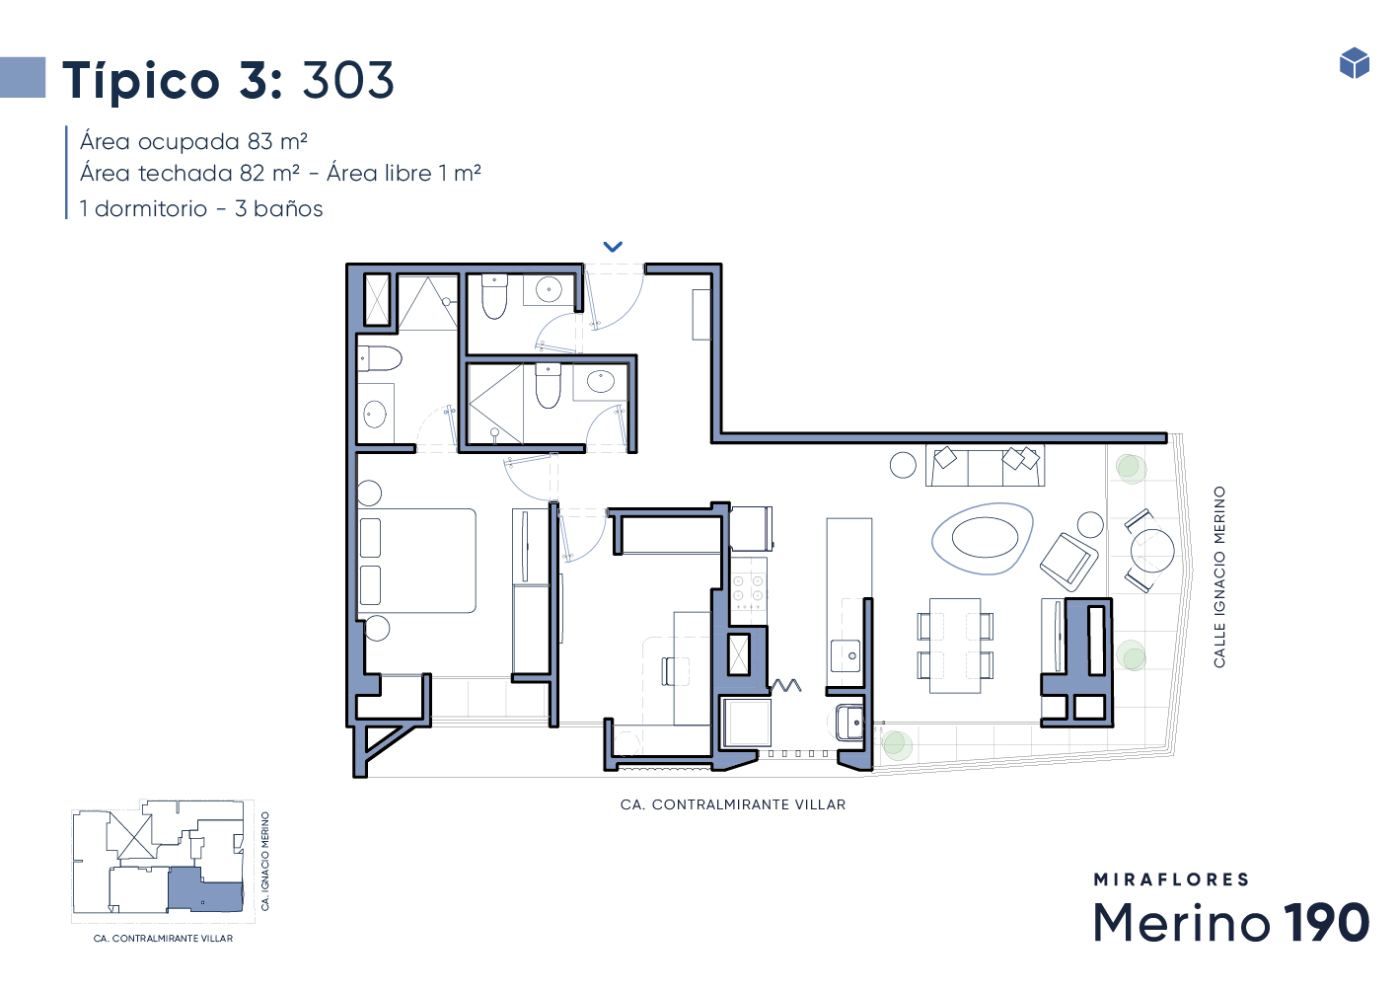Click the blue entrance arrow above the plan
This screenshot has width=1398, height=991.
tap(613, 247)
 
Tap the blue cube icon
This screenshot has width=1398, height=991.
tap(1355, 63)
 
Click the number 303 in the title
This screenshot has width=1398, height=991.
tap(348, 81)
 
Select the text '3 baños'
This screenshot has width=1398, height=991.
tap(279, 208)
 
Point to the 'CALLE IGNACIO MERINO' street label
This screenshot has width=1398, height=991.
tap(1218, 576)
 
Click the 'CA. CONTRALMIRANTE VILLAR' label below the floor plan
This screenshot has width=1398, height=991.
tap(733, 804)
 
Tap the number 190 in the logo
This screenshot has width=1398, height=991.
tap(1326, 922)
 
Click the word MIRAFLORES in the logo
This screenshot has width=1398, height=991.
tap(1171, 879)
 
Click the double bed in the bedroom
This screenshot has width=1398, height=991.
tap(416, 560)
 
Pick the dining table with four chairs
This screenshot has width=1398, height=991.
tap(955, 646)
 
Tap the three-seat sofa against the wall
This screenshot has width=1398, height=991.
tap(985, 465)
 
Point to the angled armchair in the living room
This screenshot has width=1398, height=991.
tap(1069, 562)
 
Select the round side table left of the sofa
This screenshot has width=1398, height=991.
tap(903, 465)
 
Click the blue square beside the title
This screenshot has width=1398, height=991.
tap(23, 77)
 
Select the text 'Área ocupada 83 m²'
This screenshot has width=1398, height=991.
tap(193, 142)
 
